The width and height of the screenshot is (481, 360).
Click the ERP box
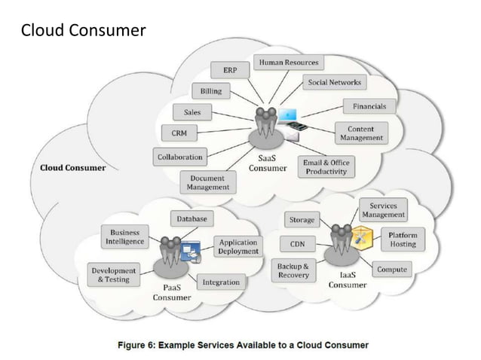pyautogui.click(x=230, y=70)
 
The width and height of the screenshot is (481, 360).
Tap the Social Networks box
pyautogui.click(x=334, y=82)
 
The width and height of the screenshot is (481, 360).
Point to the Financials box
pyautogui.click(x=369, y=107)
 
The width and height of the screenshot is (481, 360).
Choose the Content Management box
pyautogui.click(x=361, y=133)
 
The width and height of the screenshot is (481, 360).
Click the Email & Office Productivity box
pyautogui.click(x=326, y=166)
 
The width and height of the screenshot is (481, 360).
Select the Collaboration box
pyautogui.click(x=179, y=157)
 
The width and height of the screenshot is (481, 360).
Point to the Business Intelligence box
pyautogui.click(x=124, y=237)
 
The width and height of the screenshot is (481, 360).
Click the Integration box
pyautogui.click(x=221, y=282)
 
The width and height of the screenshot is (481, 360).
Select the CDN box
pyautogui.click(x=297, y=244)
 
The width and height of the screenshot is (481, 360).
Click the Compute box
pyautogui.click(x=391, y=269)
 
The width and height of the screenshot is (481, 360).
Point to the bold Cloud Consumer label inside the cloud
pyautogui.click(x=72, y=167)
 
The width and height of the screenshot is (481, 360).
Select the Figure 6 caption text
pyautogui.click(x=243, y=345)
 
